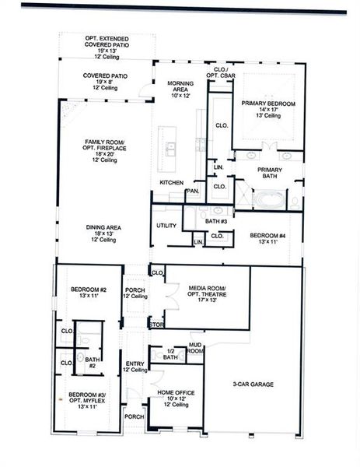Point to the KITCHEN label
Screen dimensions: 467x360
(171, 182)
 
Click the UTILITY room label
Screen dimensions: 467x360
(166, 226)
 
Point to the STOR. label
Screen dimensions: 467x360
(157, 325)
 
